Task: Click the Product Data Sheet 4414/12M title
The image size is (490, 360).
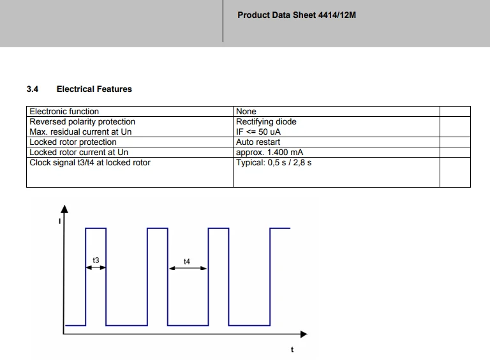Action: [x=297, y=15]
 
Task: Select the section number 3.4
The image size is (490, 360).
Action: [x=33, y=89]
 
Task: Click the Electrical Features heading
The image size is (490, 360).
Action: [x=94, y=89]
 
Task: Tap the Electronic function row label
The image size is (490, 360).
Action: [x=64, y=111]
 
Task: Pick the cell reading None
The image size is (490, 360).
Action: [x=246, y=111]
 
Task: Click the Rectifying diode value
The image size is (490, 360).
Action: [x=266, y=121]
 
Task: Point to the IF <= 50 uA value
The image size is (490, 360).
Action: [x=258, y=132]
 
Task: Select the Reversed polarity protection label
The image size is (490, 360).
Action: [x=82, y=121]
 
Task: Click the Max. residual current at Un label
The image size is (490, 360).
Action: [x=80, y=132]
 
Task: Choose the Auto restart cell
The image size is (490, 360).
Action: [x=258, y=142]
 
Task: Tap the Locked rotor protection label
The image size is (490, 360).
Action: [x=73, y=142]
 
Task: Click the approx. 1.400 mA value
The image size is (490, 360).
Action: [x=269, y=152]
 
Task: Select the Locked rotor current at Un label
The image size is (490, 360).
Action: [x=78, y=152]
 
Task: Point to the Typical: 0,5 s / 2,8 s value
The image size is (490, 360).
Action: [x=274, y=163]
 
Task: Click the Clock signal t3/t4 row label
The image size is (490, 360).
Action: [x=90, y=163]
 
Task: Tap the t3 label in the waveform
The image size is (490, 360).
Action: [x=96, y=260]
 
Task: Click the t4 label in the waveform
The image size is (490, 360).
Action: [x=187, y=261]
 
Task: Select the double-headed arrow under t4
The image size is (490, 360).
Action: [x=188, y=268]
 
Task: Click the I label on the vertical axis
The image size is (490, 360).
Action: [x=60, y=221]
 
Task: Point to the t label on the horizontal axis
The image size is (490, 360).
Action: [x=292, y=350]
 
